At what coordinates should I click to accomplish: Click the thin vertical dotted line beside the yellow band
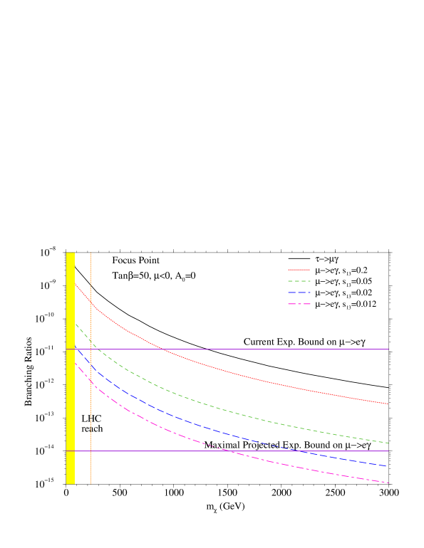point(91,427)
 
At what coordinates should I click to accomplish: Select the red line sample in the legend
point(299,270)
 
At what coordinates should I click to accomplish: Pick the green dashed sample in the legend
point(299,281)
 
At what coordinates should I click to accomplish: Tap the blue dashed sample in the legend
point(299,293)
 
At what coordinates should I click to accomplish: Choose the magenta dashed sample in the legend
point(299,304)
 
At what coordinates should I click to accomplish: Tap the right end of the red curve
point(388,404)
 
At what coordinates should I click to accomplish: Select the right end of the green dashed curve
point(389,443)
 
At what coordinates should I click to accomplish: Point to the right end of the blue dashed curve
point(387,466)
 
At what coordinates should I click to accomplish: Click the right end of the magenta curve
point(389,483)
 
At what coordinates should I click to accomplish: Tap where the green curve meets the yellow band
point(75,323)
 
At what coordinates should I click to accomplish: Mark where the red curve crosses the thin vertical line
point(91,303)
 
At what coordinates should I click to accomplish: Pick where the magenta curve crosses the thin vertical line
point(91,382)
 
